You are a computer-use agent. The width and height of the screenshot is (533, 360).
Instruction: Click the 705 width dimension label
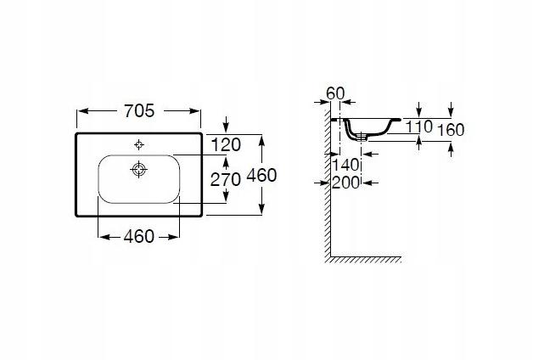coord(139,111)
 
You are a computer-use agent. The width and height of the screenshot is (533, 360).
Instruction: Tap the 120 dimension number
coord(226,145)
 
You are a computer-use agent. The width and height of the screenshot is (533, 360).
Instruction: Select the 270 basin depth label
coord(226,179)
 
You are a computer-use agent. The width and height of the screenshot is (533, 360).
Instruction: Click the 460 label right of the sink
coord(261,176)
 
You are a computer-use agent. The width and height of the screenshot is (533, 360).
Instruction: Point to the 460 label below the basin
coord(138,237)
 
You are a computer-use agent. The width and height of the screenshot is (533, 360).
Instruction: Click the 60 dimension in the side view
coord(335,93)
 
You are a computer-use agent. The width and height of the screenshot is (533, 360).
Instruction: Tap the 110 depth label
coord(419,127)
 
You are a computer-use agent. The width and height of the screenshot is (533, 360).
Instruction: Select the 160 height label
coord(451,130)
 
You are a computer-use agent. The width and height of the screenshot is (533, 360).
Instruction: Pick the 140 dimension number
coord(345,166)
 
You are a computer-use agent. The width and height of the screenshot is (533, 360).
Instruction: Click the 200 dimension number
coord(345,183)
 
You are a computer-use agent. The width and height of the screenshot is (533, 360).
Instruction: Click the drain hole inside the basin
coord(138,169)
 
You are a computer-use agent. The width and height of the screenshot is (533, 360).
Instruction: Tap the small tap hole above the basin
coord(138,145)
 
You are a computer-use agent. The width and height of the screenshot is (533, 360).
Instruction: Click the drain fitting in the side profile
coord(362,137)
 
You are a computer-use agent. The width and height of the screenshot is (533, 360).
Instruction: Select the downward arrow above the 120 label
coord(226,125)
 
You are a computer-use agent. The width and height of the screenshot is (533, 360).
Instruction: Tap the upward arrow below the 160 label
coord(451,150)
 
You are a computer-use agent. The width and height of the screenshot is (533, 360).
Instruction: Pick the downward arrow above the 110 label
coord(419,110)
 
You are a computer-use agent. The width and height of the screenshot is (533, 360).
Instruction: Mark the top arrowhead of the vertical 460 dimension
coord(261,140)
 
